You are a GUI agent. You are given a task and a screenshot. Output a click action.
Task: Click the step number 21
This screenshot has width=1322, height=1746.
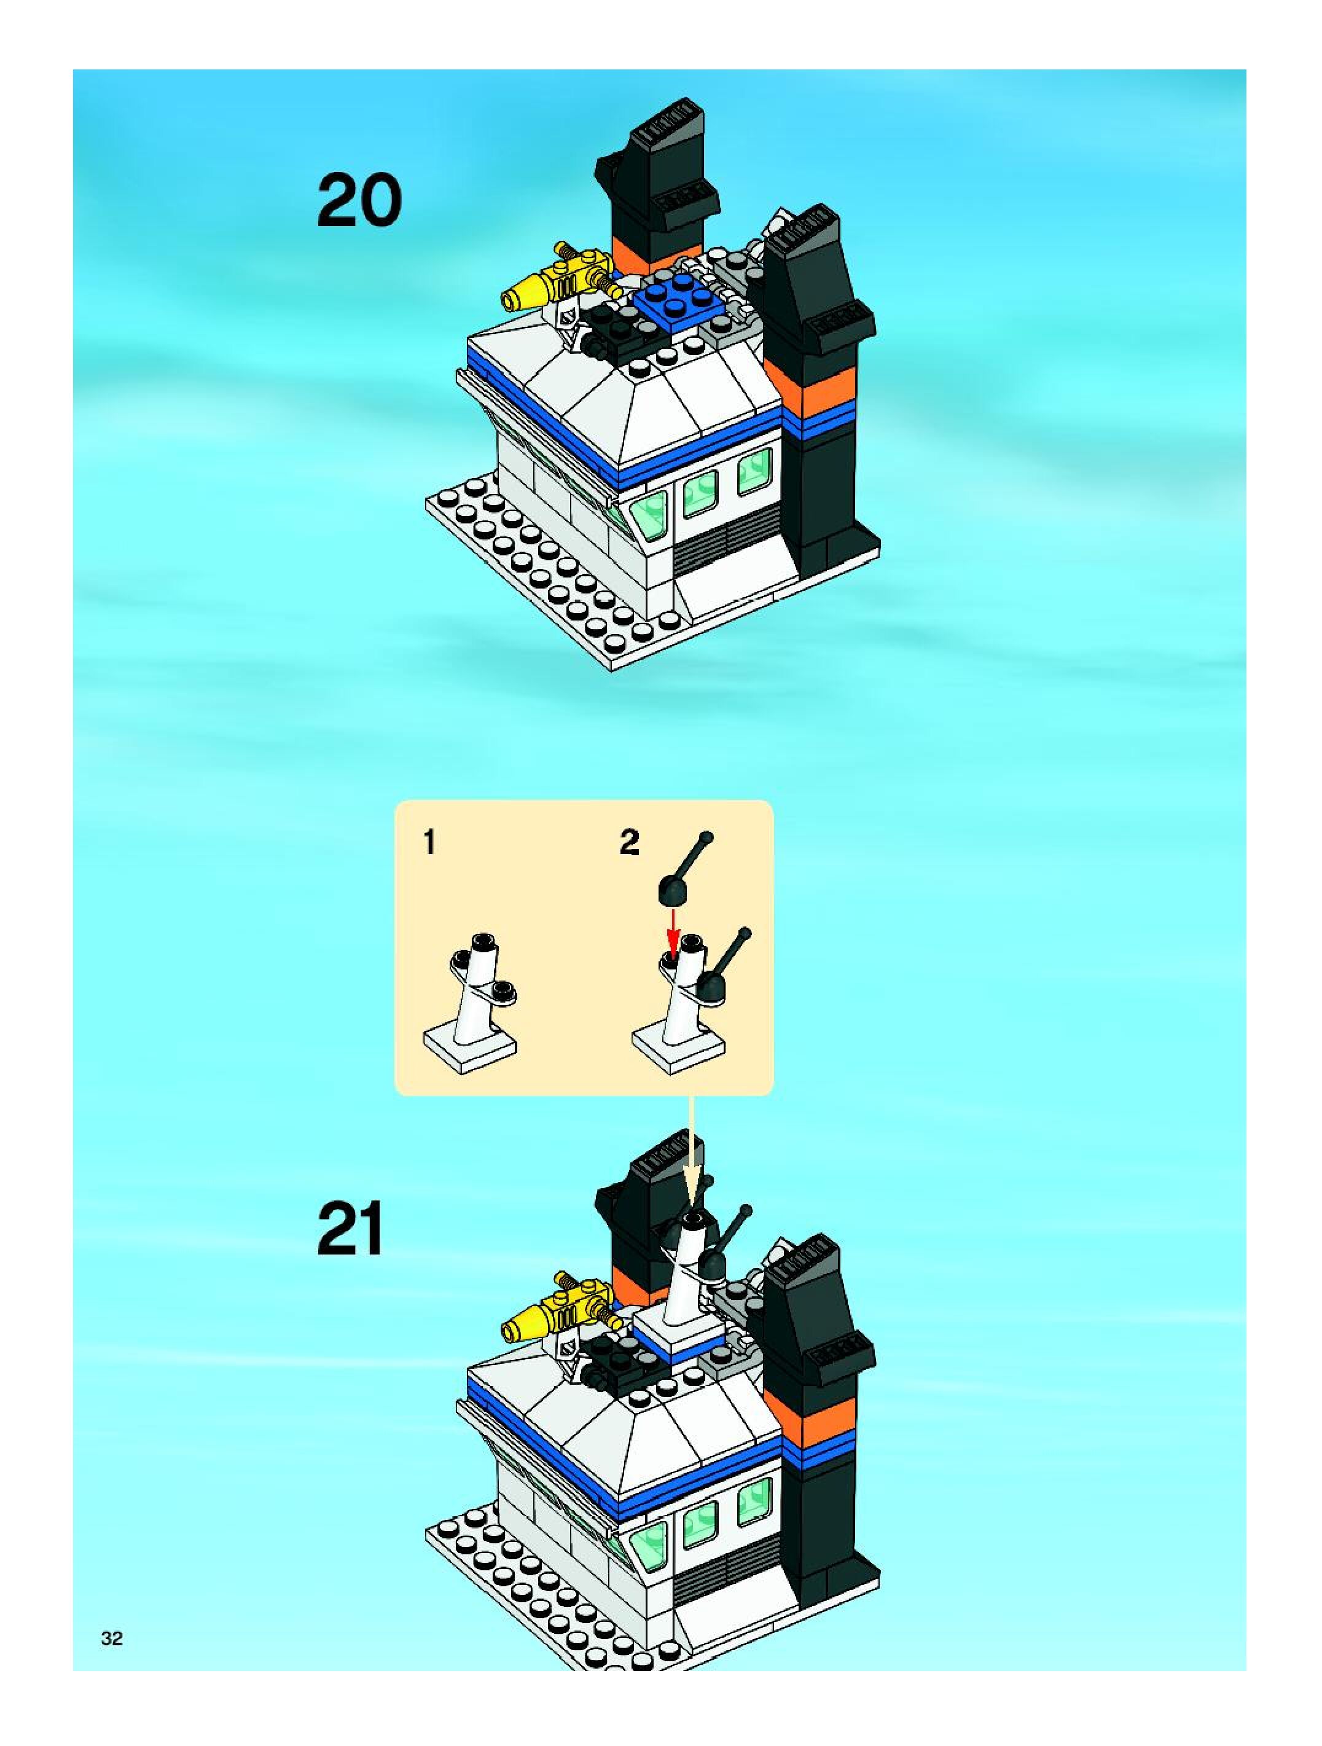[x=350, y=1228]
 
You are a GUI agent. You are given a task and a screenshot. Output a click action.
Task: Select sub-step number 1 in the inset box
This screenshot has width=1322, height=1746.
[x=429, y=844]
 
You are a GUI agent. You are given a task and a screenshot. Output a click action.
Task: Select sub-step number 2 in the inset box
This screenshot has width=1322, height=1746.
[x=628, y=844]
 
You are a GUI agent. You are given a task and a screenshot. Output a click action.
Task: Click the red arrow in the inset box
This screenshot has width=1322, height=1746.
[x=673, y=931]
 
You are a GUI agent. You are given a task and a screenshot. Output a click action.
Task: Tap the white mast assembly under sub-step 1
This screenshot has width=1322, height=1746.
[x=472, y=1003]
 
